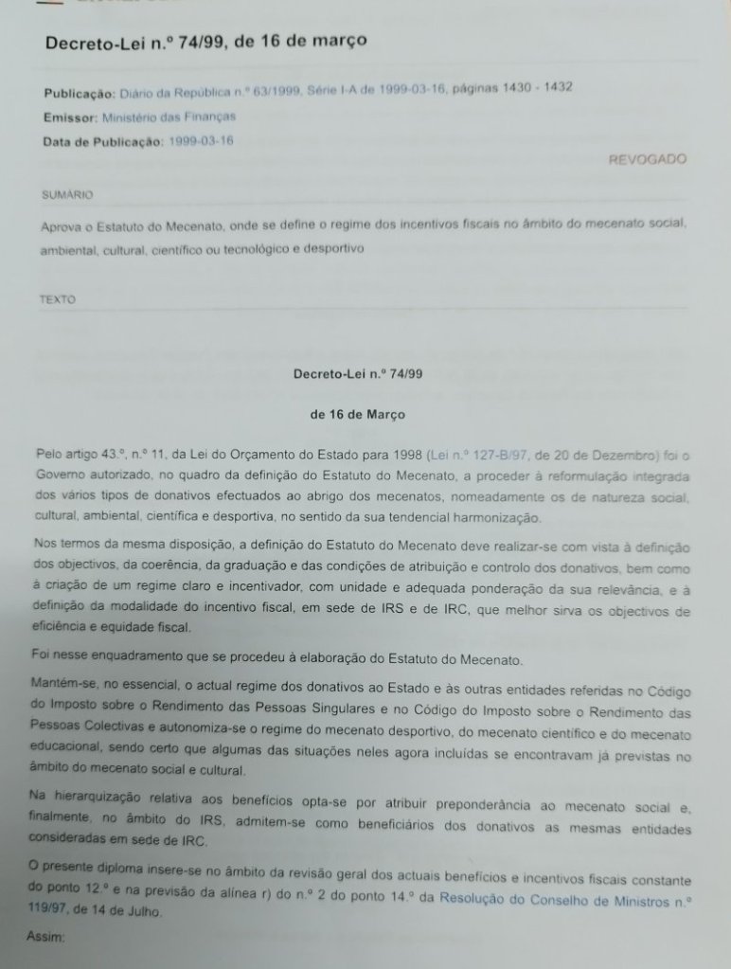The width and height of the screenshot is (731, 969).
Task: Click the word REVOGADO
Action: click(647, 159)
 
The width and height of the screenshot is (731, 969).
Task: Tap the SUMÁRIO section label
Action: click(67, 194)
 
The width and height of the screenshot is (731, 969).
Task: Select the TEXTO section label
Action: click(60, 298)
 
